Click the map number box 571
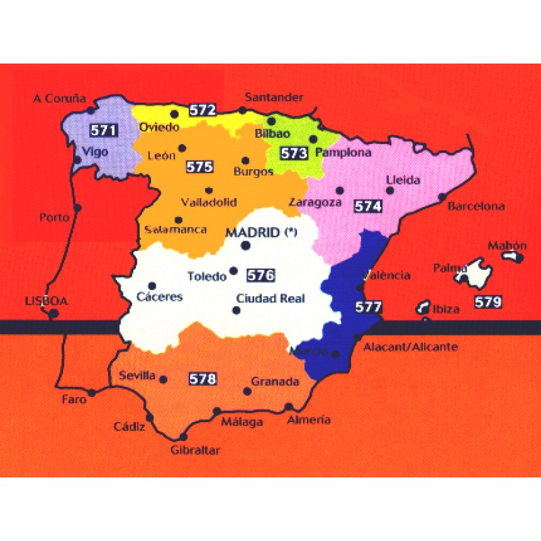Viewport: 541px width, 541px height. tap(103, 130)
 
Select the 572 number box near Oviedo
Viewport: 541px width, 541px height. tap(202, 110)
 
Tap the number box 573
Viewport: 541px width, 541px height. tap(294, 153)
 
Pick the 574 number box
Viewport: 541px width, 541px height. tap(368, 206)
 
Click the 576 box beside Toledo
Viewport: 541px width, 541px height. tap(260, 275)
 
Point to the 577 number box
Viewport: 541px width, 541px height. tap(369, 306)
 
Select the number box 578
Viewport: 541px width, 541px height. tap(202, 379)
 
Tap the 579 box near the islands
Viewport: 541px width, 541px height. tap(488, 302)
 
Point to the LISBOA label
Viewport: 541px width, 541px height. tap(46, 302)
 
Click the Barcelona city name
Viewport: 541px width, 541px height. tap(477, 206)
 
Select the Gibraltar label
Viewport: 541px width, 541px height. tap(196, 450)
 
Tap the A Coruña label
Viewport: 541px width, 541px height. tap(60, 99)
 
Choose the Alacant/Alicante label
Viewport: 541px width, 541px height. tap(410, 348)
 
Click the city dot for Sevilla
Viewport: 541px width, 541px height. tap(164, 379)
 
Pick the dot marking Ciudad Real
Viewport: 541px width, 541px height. tap(236, 310)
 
